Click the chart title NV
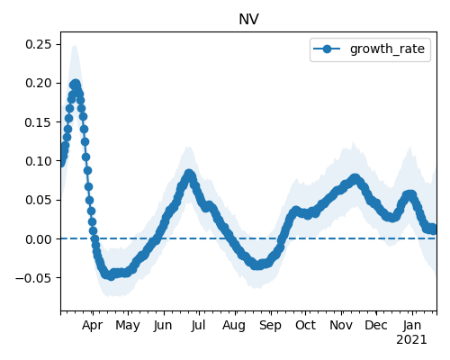click(x=248, y=20)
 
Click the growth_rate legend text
click(x=387, y=49)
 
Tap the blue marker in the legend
click(x=327, y=49)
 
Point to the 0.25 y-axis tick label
click(x=39, y=44)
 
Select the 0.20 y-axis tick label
click(x=39, y=83)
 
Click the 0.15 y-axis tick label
click(x=39, y=122)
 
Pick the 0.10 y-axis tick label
click(x=39, y=161)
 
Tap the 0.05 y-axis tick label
click(x=39, y=200)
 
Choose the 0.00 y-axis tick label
click(x=39, y=239)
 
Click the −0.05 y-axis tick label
click(x=34, y=278)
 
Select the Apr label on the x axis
click(x=93, y=325)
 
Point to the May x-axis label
click(x=128, y=325)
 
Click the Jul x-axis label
click(x=198, y=325)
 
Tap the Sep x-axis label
click(x=270, y=325)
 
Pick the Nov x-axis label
click(x=341, y=325)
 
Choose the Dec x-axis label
click(x=376, y=325)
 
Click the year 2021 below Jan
click(x=411, y=340)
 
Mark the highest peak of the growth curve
click(x=76, y=84)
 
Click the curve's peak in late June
click(x=189, y=174)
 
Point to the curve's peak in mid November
click(x=355, y=179)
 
